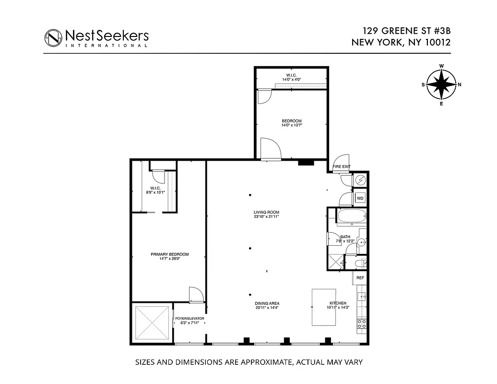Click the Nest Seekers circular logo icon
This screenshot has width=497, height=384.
tap(53, 37)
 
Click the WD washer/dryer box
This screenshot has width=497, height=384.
tap(360, 198)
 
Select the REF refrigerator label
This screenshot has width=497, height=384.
tap(360, 277)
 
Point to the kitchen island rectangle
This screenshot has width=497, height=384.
tap(324, 307)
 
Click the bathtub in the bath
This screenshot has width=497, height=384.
tap(352, 217)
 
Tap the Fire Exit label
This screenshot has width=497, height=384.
tap(342, 167)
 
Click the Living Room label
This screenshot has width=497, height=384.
tap(267, 212)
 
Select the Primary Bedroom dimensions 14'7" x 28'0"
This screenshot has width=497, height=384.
tap(169, 259)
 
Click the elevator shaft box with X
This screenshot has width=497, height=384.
tap(152, 323)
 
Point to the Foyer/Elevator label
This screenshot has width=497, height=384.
tap(189, 318)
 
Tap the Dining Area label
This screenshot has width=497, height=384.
tap(267, 303)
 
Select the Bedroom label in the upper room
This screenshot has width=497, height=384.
tap(292, 120)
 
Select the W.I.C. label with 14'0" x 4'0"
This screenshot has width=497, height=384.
tap(291, 75)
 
